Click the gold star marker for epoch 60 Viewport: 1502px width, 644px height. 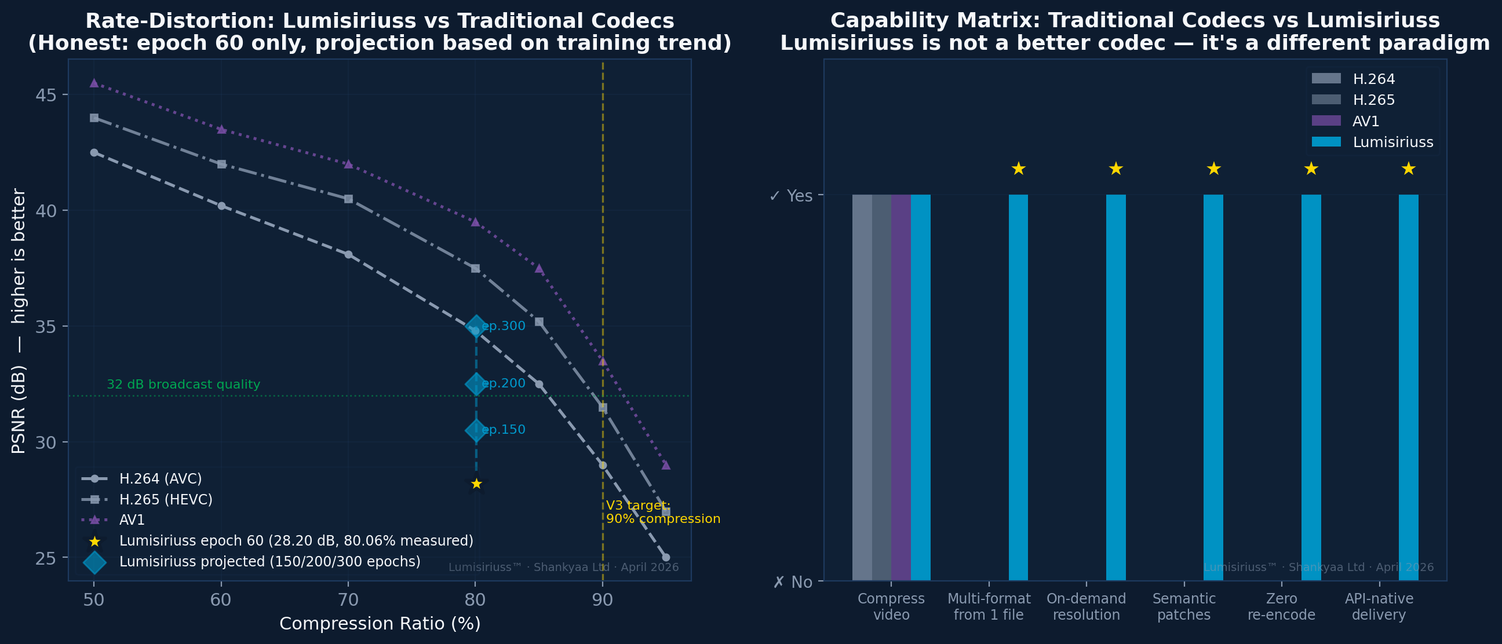(x=476, y=484)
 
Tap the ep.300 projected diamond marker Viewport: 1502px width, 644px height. (x=476, y=327)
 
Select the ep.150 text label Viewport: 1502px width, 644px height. (x=503, y=430)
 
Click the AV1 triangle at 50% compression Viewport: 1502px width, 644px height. (x=94, y=83)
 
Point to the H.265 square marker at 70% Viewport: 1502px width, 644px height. (x=348, y=199)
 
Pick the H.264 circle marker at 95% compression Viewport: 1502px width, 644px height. (x=666, y=557)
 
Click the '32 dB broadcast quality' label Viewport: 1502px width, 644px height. (x=183, y=385)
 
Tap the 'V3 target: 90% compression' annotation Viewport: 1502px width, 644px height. (x=662, y=513)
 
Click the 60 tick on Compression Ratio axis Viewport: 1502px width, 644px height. (x=221, y=600)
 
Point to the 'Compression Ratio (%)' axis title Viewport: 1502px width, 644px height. (x=380, y=624)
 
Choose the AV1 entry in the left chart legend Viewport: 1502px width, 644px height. (x=132, y=520)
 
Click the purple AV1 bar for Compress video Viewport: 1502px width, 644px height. (x=901, y=387)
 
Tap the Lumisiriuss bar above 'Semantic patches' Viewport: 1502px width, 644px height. (x=1213, y=387)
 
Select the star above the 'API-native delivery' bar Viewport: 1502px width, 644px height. (x=1408, y=169)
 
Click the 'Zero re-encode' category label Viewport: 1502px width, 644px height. (x=1281, y=607)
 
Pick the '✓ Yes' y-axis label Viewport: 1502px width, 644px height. (x=790, y=196)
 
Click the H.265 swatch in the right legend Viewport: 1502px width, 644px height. (x=1326, y=100)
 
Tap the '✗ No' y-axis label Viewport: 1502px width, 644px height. (x=792, y=582)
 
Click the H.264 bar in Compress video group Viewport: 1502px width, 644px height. (x=862, y=387)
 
